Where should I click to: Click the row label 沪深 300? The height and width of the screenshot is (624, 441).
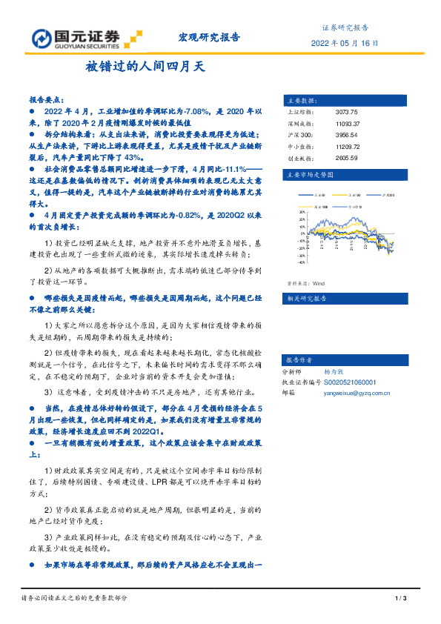click(x=297, y=136)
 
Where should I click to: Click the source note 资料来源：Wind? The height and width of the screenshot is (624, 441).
click(x=305, y=284)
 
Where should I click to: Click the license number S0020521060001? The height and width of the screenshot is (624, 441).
click(x=350, y=382)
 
